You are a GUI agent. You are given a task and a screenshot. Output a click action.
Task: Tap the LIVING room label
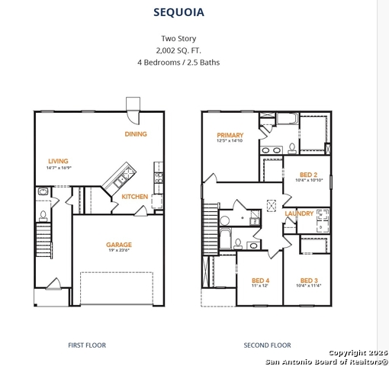pos(58,161)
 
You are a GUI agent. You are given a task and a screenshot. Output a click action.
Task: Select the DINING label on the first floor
pos(136,134)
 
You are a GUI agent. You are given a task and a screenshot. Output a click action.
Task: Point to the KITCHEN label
pos(135,197)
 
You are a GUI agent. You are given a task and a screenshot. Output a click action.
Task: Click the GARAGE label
pos(119,245)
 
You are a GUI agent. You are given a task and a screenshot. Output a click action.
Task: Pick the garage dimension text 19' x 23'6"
pos(119,252)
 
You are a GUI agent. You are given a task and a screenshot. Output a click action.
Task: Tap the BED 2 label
pos(308,174)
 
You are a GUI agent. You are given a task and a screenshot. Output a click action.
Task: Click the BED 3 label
pos(308,280)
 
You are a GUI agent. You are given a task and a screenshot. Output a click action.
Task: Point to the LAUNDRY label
pos(299,213)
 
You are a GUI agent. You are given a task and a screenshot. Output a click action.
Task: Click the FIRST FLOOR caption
pos(87,345)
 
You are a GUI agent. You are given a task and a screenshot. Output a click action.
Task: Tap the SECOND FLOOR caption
pos(267,345)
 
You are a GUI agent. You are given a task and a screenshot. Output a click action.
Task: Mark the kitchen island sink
pos(120,181)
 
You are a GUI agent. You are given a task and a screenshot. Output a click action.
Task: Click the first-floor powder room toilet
pos(43,204)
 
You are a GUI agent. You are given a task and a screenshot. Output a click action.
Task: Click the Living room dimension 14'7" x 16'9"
pos(58,168)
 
